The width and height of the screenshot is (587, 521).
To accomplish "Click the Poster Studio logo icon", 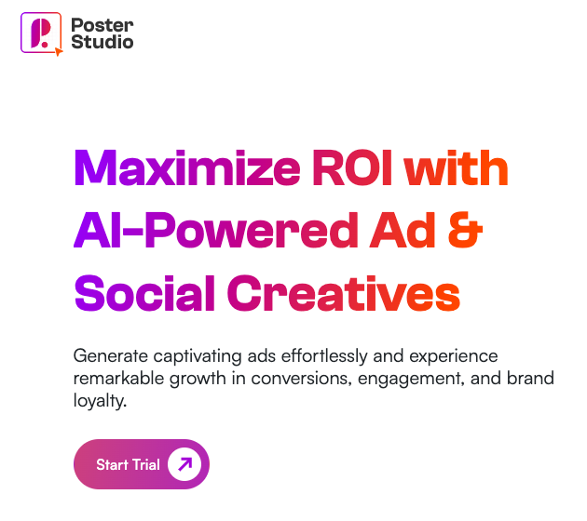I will click(40, 33).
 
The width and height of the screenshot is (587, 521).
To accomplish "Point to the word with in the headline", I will click(457, 170).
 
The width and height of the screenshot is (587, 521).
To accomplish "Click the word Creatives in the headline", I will click(344, 293).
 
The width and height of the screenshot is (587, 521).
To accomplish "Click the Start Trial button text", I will click(128, 464).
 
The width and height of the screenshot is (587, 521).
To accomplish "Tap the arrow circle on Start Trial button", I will click(184, 464).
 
